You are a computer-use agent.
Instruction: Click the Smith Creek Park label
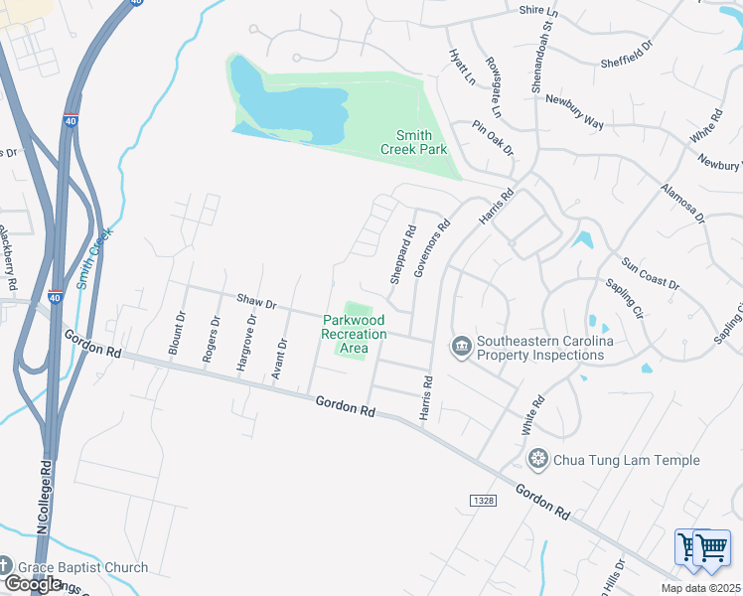click(x=413, y=142)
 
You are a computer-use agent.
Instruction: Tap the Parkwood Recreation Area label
click(x=354, y=334)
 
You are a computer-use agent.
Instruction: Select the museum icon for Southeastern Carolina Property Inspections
click(x=461, y=347)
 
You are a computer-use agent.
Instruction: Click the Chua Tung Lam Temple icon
click(x=538, y=460)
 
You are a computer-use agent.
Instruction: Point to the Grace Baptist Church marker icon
click(x=6, y=568)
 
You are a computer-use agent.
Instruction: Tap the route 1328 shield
click(x=482, y=501)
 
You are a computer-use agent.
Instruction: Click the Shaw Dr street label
click(x=256, y=300)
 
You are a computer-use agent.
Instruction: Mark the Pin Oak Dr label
click(x=494, y=138)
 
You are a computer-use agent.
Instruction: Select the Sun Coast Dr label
click(x=651, y=275)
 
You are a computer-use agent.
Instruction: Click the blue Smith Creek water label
click(x=93, y=257)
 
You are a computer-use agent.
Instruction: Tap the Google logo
click(x=33, y=584)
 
